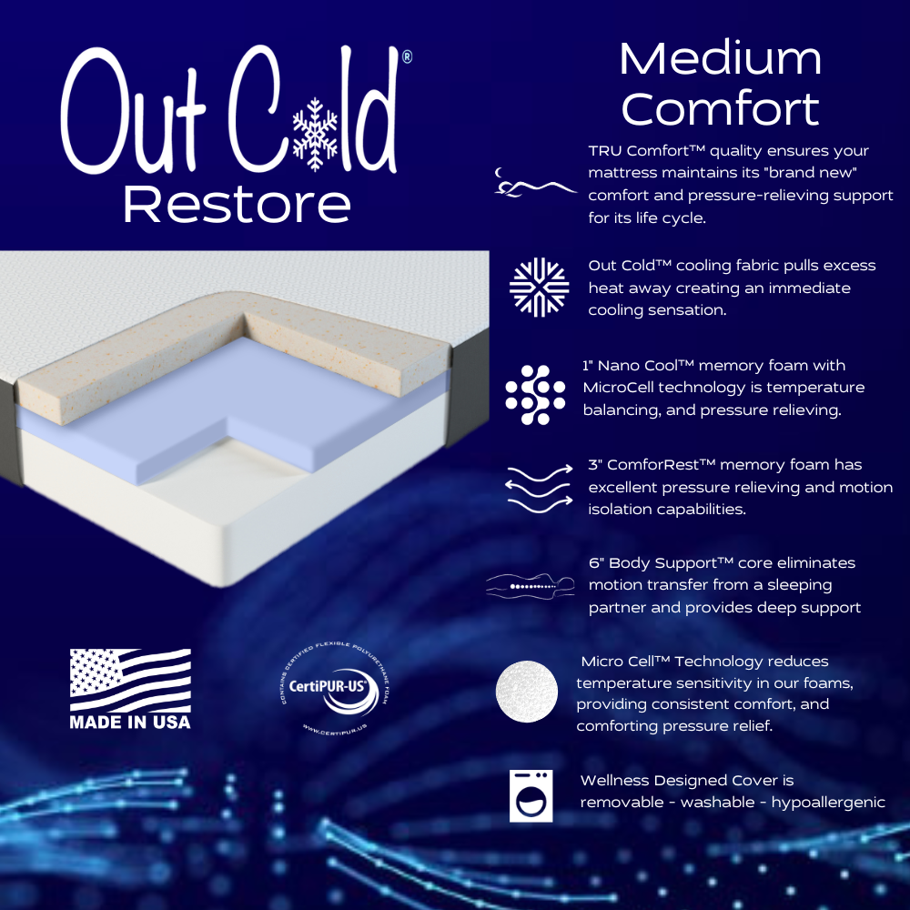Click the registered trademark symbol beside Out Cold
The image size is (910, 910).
[x=406, y=57]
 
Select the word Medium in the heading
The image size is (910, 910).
[x=720, y=60]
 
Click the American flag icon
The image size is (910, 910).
[x=131, y=679]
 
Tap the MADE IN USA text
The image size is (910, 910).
[x=130, y=723]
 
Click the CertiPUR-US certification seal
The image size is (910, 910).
[x=335, y=689]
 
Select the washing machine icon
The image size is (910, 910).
[x=531, y=796]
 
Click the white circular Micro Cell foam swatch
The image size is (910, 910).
[x=527, y=692]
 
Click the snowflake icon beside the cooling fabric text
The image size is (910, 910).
[x=539, y=288]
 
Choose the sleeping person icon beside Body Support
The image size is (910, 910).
[x=531, y=585]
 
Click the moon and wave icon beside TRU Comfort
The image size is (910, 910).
[x=534, y=182]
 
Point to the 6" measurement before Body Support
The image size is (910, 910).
[x=596, y=563]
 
